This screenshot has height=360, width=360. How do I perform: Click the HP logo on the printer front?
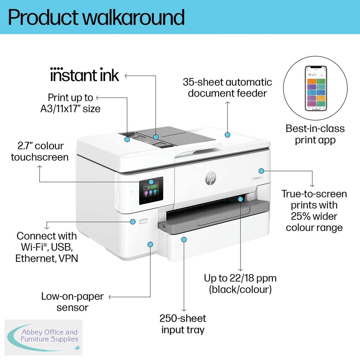[211, 178]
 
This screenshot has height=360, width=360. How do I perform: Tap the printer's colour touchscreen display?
[151, 191]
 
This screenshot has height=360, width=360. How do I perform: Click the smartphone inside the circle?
[316, 88]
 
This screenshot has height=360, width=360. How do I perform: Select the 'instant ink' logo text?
[85, 75]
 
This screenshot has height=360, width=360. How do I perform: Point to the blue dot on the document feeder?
[227, 135]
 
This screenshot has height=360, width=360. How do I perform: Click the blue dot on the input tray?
[184, 239]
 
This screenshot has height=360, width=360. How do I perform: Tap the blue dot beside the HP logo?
[261, 171]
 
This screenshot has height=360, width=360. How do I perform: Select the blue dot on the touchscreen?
[151, 182]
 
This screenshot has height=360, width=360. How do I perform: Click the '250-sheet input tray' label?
[183, 324]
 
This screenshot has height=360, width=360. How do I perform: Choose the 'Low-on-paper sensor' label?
[72, 302]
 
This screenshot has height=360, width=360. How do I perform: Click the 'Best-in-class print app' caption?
[315, 134]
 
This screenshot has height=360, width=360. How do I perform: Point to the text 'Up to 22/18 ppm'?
[240, 278]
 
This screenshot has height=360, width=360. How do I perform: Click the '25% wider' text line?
[314, 216]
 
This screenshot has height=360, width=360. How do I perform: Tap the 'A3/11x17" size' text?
[70, 109]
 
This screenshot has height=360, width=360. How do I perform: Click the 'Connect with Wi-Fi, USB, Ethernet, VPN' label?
[47, 247]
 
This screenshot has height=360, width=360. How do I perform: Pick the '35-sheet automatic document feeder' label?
[227, 88]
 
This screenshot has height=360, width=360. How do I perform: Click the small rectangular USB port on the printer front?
[143, 221]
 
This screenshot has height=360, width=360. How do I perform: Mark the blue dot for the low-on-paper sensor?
[151, 244]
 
